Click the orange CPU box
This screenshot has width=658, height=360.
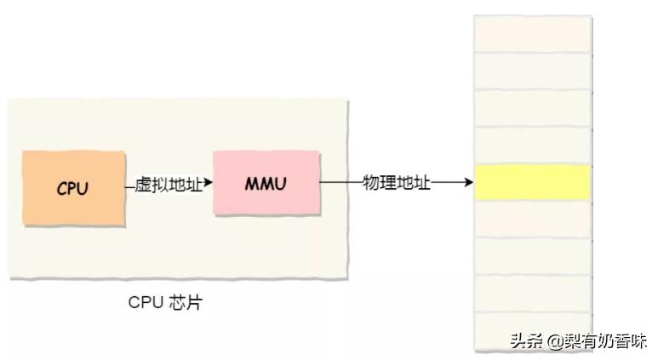(72, 187)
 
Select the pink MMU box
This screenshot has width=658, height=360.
(266, 183)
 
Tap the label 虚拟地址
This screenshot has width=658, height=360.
(169, 185)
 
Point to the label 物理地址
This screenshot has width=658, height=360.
(397, 183)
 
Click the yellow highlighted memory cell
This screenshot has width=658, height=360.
(532, 183)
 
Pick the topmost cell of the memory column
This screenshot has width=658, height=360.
(532, 34)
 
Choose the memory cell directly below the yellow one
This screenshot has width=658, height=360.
(532, 220)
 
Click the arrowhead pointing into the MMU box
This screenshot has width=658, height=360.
(208, 184)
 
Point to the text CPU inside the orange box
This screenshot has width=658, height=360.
(72, 188)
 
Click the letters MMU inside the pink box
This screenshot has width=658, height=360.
(266, 184)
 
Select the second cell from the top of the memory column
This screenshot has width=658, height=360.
(532, 71)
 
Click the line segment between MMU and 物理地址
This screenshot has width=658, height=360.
(340, 183)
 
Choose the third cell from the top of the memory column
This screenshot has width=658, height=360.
(532, 108)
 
